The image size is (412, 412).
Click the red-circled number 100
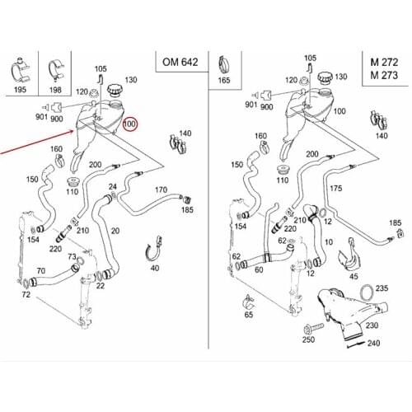point(129,124)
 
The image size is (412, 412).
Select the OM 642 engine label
point(180,62)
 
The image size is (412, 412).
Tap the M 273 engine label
point(384,75)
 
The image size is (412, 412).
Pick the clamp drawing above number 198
point(56,71)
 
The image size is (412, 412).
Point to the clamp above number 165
point(224,64)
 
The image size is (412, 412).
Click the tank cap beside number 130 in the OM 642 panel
point(114,91)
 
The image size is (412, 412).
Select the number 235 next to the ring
point(382,288)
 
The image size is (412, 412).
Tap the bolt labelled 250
point(313,328)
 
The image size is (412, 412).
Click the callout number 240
point(373,343)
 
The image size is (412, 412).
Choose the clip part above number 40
point(154,248)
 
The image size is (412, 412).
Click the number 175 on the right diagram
point(336,189)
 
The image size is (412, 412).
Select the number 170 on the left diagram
point(161,190)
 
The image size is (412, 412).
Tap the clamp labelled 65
point(249,302)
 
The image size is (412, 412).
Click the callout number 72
point(26,295)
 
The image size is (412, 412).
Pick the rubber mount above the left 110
point(73,182)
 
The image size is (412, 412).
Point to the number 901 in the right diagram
point(250,105)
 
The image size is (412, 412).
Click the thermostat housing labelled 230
point(352,311)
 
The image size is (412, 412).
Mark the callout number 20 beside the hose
point(115,231)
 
